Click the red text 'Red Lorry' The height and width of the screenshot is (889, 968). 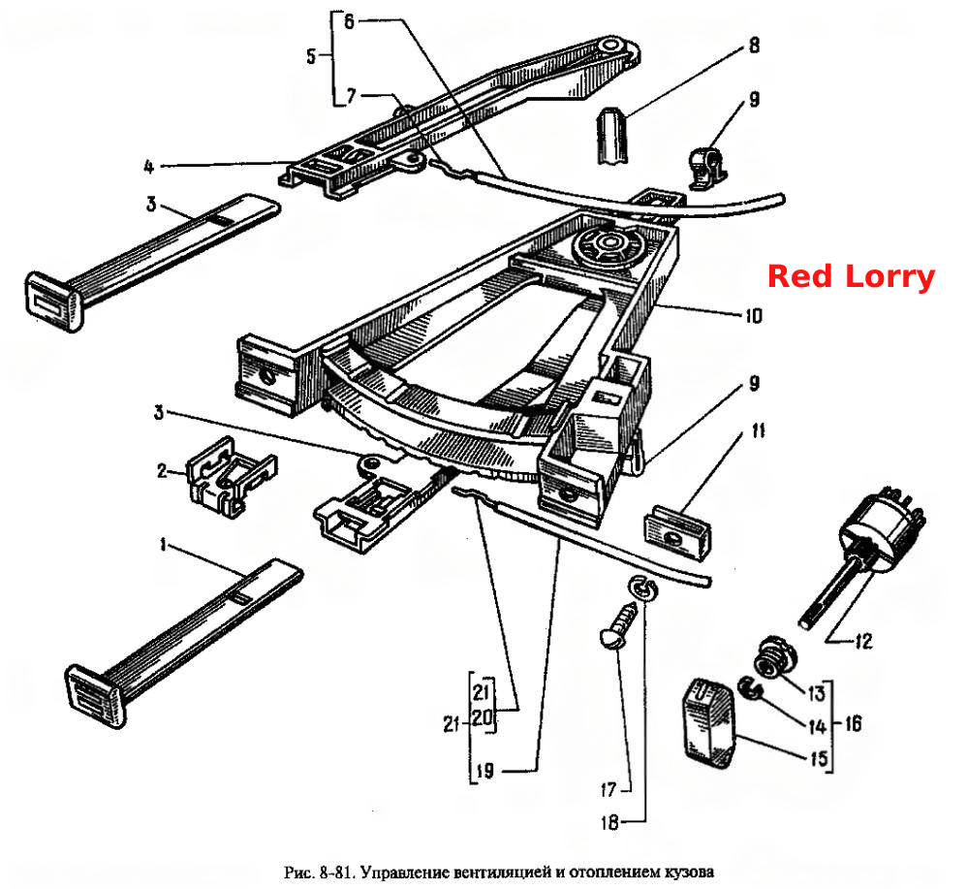pos(852,275)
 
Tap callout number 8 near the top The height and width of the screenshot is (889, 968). pos(754,46)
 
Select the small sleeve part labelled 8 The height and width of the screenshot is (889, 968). pos(612,136)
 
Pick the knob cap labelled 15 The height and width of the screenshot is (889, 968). pos(709,723)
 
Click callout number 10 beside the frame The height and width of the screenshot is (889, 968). pos(753,316)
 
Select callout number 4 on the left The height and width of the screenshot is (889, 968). pos(148,167)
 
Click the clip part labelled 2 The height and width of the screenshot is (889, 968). pos(233,476)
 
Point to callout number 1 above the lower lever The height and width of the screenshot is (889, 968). pos(163,545)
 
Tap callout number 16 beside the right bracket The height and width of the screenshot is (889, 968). pos(853,723)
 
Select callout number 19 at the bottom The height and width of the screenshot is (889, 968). pos(485,772)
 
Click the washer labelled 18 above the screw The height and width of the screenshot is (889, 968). pos(643,587)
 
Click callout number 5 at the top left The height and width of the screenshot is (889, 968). pos(311,57)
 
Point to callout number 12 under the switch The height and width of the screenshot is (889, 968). pos(863,641)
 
